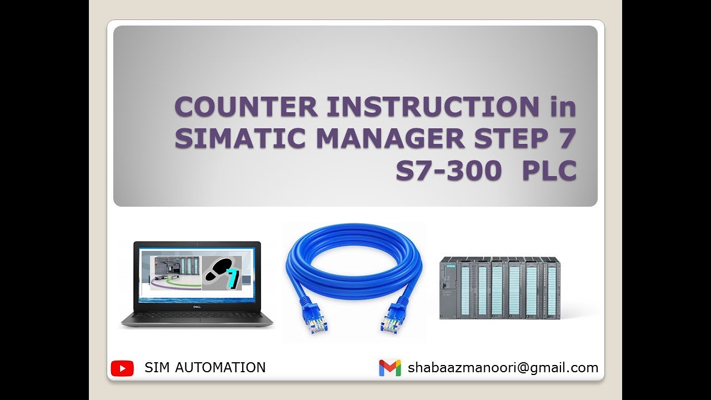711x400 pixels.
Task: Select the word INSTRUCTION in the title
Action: tap(433, 107)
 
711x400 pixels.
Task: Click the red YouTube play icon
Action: tap(122, 368)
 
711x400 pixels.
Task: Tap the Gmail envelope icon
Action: tap(390, 368)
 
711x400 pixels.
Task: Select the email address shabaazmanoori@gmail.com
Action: tap(503, 368)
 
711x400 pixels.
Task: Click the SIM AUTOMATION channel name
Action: tap(205, 367)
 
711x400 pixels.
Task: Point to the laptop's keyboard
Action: tap(197, 317)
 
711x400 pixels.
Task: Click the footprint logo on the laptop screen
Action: tap(222, 272)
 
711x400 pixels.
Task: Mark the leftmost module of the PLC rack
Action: tap(450, 289)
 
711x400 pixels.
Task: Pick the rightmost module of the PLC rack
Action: tap(551, 289)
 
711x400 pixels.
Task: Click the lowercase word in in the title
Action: tap(563, 107)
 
